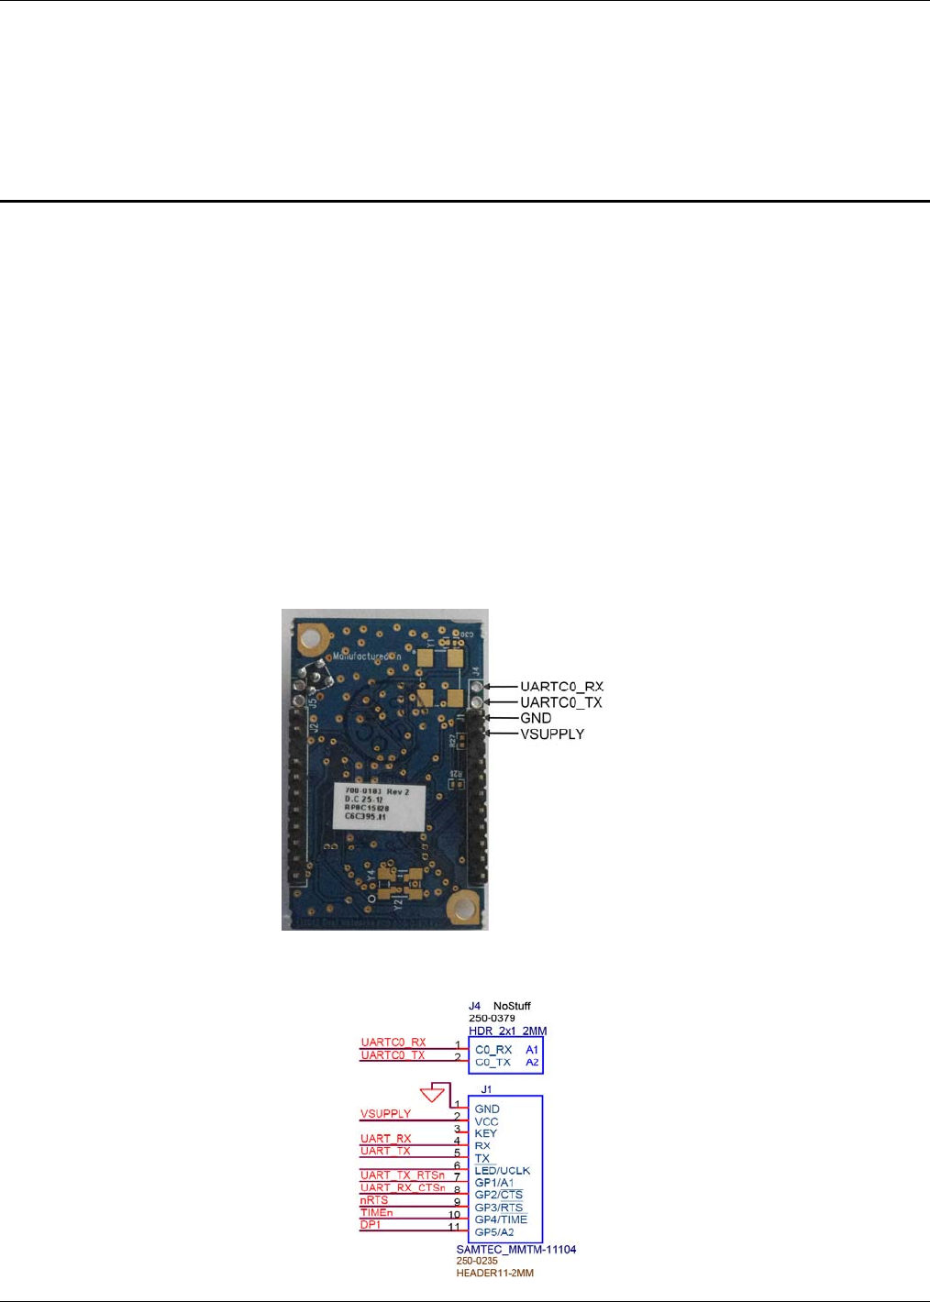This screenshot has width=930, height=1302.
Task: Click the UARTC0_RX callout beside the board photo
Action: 561,687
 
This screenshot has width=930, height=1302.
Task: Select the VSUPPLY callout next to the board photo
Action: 551,734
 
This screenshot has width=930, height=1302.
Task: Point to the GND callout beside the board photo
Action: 536,718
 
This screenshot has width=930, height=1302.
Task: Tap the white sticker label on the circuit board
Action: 379,806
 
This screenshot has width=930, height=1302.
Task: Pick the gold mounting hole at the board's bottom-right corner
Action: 460,909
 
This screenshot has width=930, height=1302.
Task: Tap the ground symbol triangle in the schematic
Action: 432,1094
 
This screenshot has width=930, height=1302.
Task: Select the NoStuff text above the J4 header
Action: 512,1006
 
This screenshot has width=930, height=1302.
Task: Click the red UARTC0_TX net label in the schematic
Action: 393,1055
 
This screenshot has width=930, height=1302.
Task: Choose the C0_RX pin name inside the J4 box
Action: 493,1050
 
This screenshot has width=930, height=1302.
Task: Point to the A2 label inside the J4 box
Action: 532,1063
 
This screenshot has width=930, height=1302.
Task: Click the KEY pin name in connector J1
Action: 485,1133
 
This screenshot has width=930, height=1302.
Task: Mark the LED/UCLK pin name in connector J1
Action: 502,1171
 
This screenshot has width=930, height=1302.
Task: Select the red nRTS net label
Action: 374,1200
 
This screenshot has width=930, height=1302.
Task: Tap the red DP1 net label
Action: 371,1225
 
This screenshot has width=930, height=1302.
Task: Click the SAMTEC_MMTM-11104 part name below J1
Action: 515,1250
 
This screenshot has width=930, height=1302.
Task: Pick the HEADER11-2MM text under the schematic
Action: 494,1273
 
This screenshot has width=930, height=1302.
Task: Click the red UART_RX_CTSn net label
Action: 402,1187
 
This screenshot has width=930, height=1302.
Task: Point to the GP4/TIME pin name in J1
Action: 501,1219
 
